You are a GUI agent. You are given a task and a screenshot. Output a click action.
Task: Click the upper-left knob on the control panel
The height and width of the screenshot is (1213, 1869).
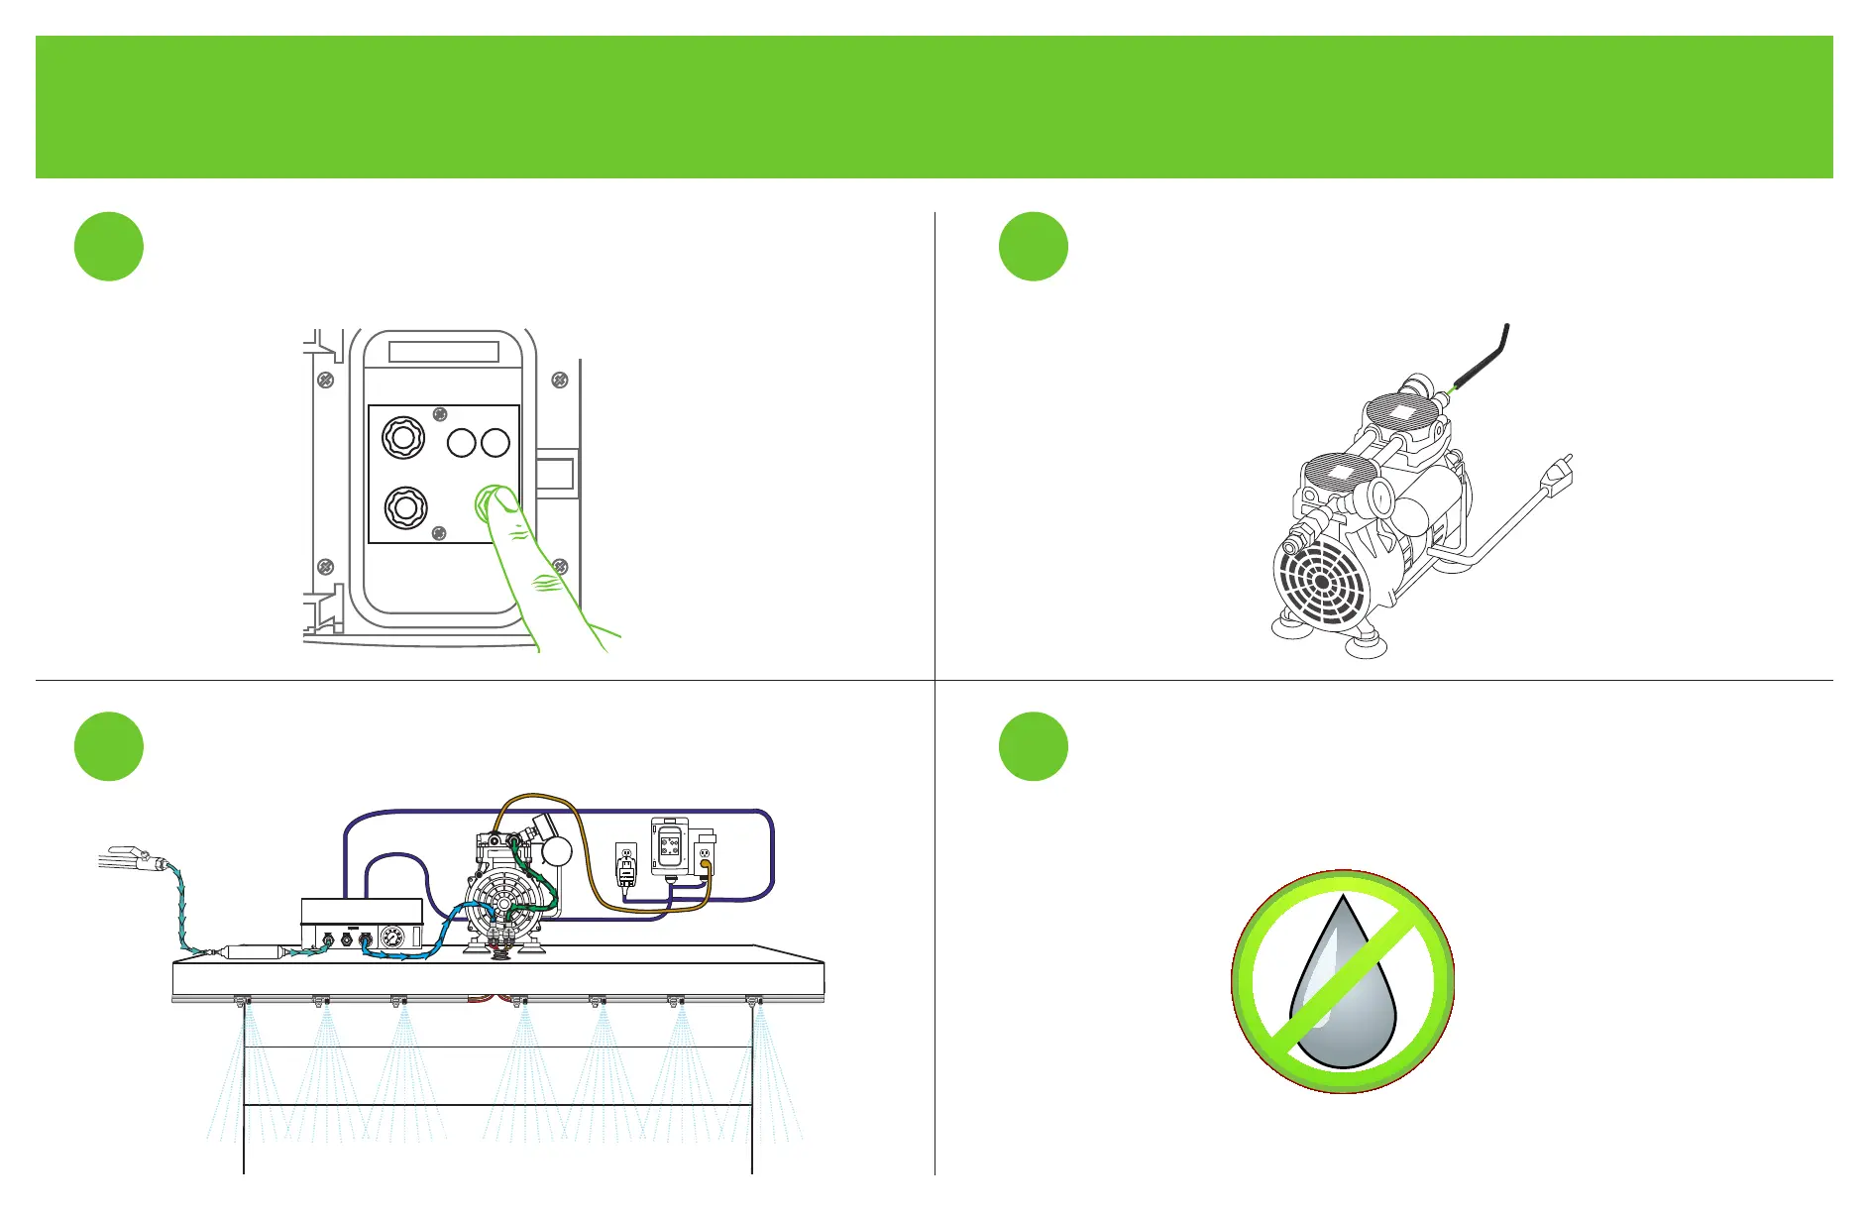tap(403, 437)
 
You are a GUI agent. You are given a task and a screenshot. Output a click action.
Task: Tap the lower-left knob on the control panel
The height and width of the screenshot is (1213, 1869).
tap(404, 507)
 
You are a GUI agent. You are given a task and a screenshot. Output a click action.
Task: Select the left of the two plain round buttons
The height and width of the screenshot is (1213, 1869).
tap(462, 442)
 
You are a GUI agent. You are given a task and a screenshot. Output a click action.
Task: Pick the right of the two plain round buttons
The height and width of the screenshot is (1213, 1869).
tap(495, 442)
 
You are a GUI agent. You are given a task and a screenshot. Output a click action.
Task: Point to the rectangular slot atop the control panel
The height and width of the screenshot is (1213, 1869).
tap(443, 352)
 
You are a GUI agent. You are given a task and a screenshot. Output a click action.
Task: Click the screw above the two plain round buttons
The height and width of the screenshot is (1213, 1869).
tap(441, 414)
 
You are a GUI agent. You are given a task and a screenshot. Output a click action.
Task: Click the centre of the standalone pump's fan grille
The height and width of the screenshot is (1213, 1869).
tap(1322, 582)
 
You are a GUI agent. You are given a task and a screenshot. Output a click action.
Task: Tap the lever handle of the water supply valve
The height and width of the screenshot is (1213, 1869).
tap(125, 851)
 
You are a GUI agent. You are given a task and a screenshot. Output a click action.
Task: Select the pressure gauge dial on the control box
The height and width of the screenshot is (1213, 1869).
tap(392, 937)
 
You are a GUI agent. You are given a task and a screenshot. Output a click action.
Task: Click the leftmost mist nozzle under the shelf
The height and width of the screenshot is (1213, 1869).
tap(241, 1002)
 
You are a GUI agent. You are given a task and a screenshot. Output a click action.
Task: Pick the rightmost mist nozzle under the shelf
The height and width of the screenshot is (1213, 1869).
tap(754, 1002)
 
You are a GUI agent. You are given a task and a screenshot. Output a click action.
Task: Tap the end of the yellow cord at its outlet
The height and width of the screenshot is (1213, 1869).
tap(705, 865)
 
